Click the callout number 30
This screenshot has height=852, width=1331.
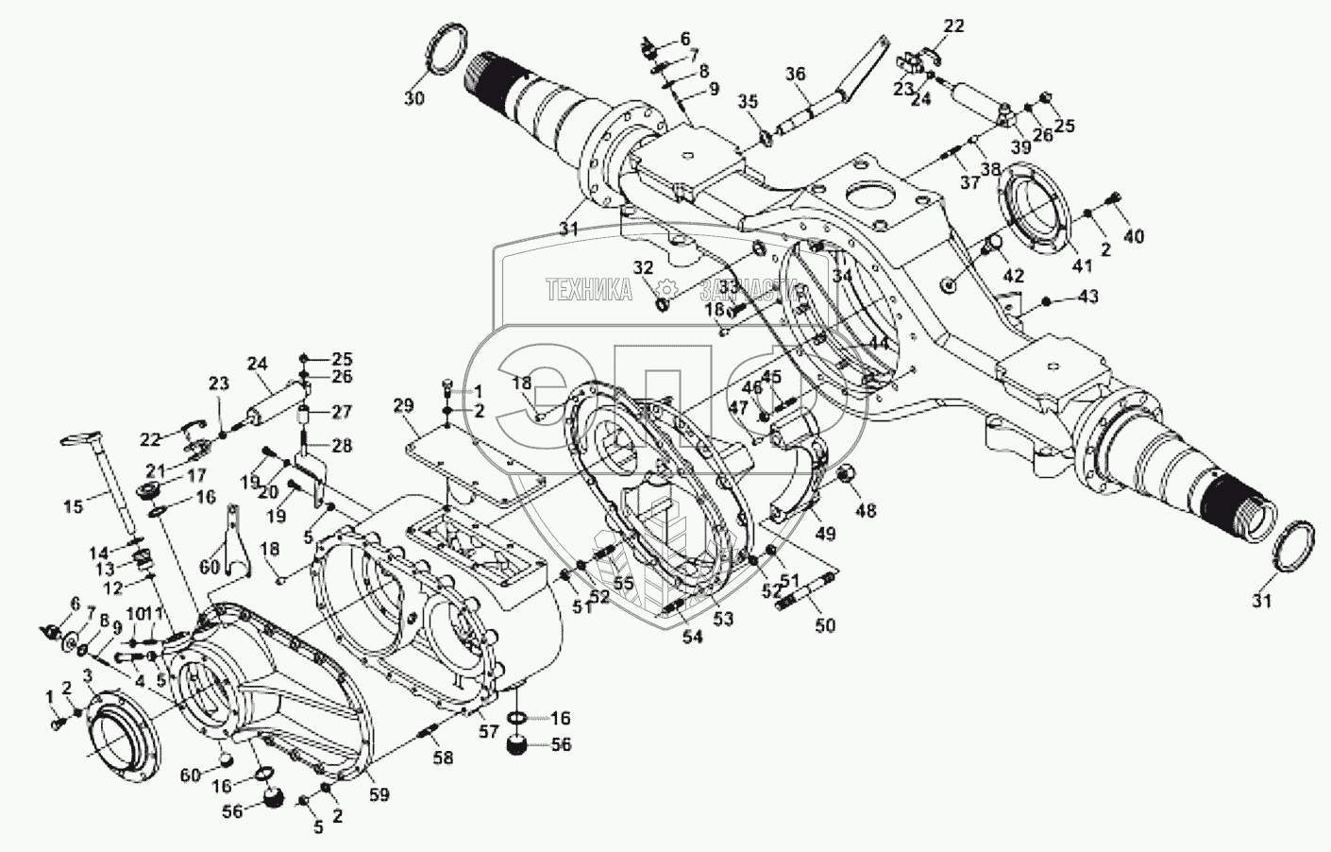415,99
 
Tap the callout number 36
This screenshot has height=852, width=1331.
796,75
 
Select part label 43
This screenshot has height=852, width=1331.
1087,297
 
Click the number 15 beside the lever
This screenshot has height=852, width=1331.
72,507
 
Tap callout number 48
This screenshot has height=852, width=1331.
865,511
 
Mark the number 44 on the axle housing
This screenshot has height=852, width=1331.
878,344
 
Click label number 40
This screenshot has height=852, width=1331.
1133,236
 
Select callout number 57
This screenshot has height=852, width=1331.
488,731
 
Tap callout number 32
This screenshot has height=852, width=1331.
644,267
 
